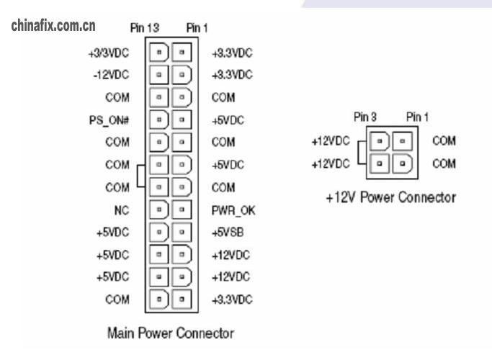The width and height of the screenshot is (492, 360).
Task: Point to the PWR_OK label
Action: pyautogui.click(x=231, y=210)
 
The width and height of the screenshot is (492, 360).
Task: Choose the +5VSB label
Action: pyautogui.click(x=228, y=232)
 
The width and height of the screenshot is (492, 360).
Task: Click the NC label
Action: pyautogui.click(x=122, y=210)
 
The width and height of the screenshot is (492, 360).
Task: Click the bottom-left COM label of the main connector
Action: pyautogui.click(x=117, y=299)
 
